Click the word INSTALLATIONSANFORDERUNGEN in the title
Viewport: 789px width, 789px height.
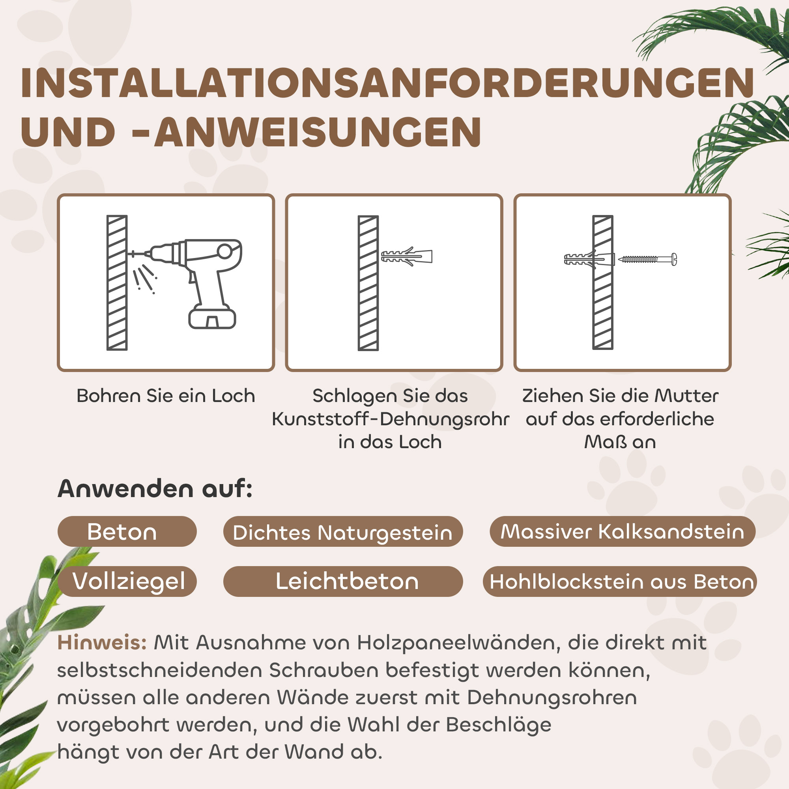point(387,83)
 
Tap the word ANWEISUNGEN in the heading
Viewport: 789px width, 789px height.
point(318,132)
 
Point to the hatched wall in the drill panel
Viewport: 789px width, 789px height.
point(117,282)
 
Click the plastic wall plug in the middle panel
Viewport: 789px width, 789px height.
point(407,256)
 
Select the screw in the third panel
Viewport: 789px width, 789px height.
point(648,259)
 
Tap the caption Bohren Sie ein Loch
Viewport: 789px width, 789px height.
point(166,396)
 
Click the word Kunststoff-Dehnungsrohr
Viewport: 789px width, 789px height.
point(391,419)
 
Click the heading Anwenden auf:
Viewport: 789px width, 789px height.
point(155,488)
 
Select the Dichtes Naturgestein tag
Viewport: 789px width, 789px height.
point(343,533)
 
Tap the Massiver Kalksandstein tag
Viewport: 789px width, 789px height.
point(622,532)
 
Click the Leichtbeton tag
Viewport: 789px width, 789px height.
point(347,581)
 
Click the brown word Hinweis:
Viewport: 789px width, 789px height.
point(102,643)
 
